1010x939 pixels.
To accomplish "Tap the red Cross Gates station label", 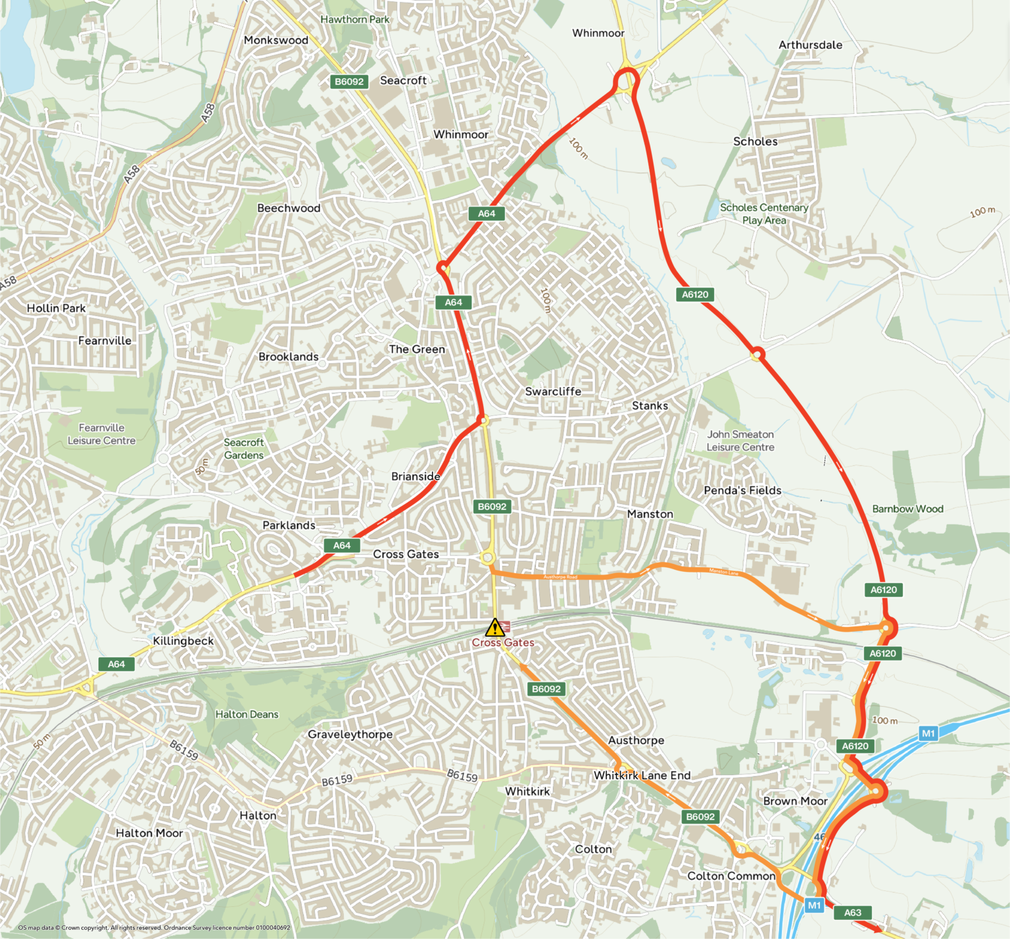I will tap(503, 643).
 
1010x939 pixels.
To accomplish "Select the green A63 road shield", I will tap(852, 913).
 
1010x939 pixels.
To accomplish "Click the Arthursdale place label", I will tap(810, 45).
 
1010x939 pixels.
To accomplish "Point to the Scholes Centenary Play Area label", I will tap(764, 214).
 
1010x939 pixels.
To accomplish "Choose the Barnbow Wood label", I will tap(907, 509).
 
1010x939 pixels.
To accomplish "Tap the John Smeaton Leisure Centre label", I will tap(740, 441).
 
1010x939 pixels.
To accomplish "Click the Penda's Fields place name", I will tap(742, 490).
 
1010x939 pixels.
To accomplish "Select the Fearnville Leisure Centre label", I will tap(101, 434).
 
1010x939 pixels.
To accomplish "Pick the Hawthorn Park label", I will tap(355, 20).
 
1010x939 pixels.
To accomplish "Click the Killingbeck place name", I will tap(183, 641).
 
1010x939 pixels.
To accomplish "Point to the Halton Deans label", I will tap(247, 715).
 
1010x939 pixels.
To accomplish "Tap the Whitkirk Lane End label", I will tap(642, 775).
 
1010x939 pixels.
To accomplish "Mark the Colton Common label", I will tap(731, 876).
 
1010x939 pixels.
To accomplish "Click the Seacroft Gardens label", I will tap(243, 449).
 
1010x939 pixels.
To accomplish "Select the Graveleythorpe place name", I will tap(350, 734).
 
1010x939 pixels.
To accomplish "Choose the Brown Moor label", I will tap(795, 801).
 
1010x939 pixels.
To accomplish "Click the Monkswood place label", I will tap(276, 40).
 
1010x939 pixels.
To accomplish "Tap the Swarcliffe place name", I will tap(553, 392).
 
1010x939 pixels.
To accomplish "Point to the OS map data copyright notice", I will tap(154, 928).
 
